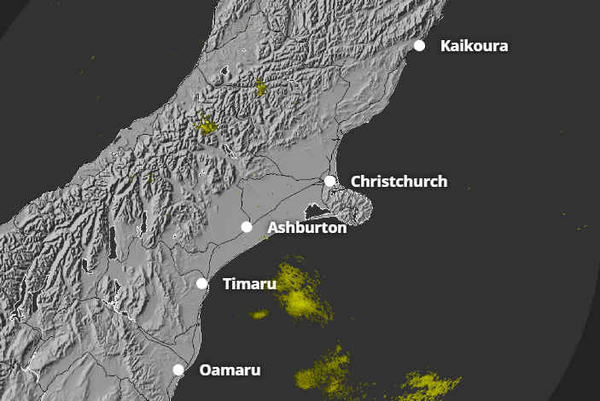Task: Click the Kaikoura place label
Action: coord(474,46)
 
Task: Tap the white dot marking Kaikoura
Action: coord(420,45)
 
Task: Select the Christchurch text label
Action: coord(399,182)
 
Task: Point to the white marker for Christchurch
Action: coord(330,181)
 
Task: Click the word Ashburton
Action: coord(306,228)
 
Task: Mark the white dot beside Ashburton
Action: coord(247,227)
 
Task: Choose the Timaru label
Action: coord(249,284)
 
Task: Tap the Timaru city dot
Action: coord(202,283)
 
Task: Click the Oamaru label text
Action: coord(230,370)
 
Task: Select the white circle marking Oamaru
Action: coord(178,369)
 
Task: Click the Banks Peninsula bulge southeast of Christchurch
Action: coord(349,205)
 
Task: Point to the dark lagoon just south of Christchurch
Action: coord(320,209)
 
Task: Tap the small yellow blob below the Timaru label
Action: coord(259,314)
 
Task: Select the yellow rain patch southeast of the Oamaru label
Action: coord(324,372)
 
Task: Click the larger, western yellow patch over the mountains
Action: coord(206,126)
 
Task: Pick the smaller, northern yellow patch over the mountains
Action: coord(260,87)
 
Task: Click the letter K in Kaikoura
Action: coord(446,46)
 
